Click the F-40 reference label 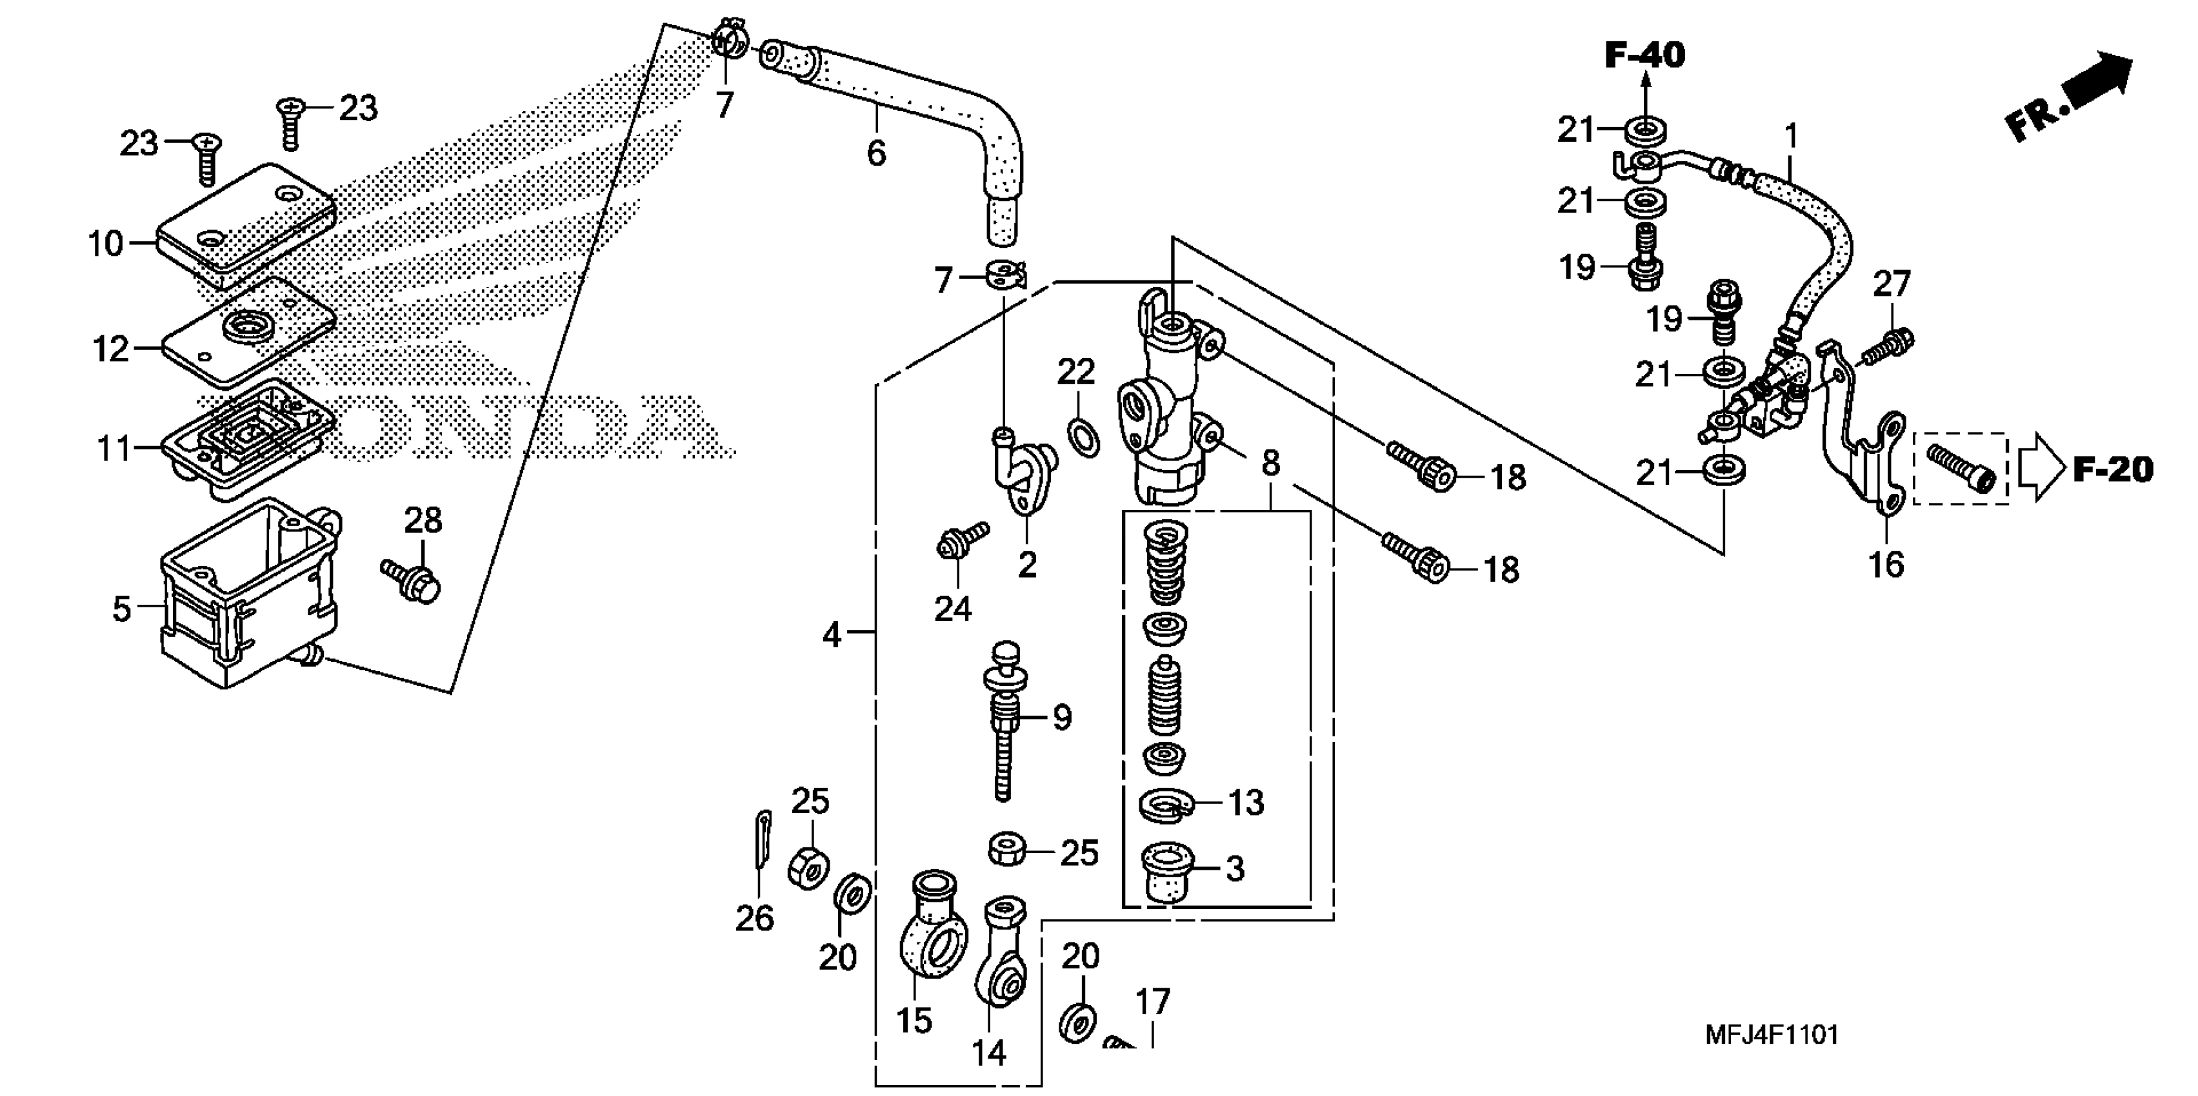click(x=1644, y=55)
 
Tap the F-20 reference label click(x=2113, y=470)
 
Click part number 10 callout click(x=106, y=245)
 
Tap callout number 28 click(x=423, y=520)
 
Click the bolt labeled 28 click(x=413, y=580)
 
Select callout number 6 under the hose click(x=876, y=153)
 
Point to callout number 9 click(x=1061, y=718)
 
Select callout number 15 click(x=914, y=1020)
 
